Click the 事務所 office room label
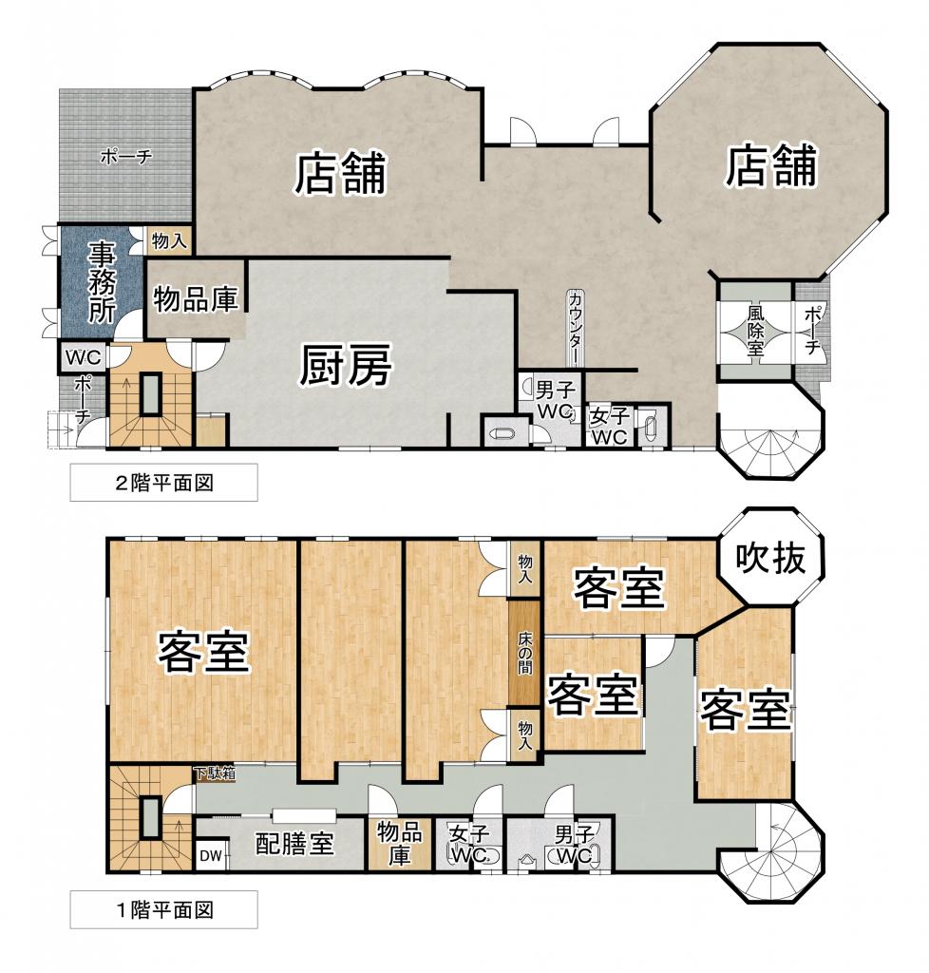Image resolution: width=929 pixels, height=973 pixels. (x=102, y=283)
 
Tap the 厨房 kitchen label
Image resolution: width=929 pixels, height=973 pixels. (x=346, y=366)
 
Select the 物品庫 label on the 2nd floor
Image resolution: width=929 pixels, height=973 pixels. (x=196, y=299)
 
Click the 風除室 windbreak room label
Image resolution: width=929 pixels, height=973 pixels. (x=755, y=330)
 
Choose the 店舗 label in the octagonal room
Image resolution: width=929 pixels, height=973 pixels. (x=770, y=165)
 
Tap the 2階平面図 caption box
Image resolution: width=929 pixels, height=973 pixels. (x=163, y=482)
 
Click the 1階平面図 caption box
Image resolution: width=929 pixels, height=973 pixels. (x=163, y=909)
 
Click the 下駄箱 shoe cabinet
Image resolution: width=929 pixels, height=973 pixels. (x=215, y=773)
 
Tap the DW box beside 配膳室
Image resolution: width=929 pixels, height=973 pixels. (x=211, y=856)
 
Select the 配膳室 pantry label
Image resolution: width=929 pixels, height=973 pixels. (x=294, y=844)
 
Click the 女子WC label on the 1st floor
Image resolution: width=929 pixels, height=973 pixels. (x=469, y=844)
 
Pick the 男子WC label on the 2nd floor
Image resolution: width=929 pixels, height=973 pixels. (x=555, y=401)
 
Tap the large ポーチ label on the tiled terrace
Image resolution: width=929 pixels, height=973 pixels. (x=126, y=157)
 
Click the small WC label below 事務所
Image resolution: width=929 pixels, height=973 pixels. (x=84, y=358)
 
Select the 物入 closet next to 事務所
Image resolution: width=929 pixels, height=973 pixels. (x=169, y=240)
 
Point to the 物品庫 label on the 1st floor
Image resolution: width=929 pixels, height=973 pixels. (x=399, y=844)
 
